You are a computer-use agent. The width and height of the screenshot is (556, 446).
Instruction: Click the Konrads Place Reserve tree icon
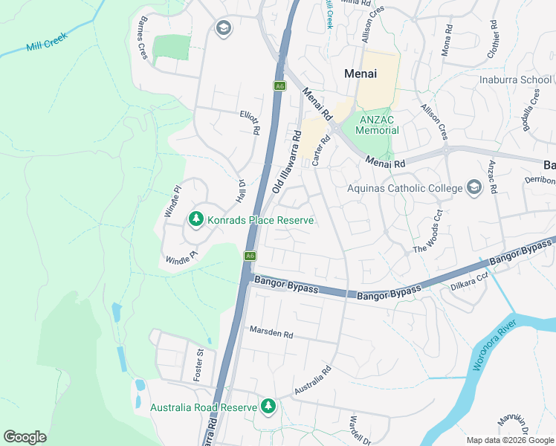(x=196, y=219)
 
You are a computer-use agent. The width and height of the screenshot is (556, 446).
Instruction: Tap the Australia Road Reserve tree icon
(x=268, y=407)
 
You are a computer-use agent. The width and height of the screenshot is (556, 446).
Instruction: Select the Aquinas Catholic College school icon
(x=473, y=187)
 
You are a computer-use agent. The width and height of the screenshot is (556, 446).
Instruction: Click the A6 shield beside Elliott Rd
(x=279, y=86)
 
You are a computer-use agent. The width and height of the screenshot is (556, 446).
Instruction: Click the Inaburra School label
(x=515, y=80)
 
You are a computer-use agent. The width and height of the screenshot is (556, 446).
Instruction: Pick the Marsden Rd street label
(x=271, y=333)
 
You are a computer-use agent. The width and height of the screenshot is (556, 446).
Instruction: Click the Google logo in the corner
(x=25, y=437)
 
